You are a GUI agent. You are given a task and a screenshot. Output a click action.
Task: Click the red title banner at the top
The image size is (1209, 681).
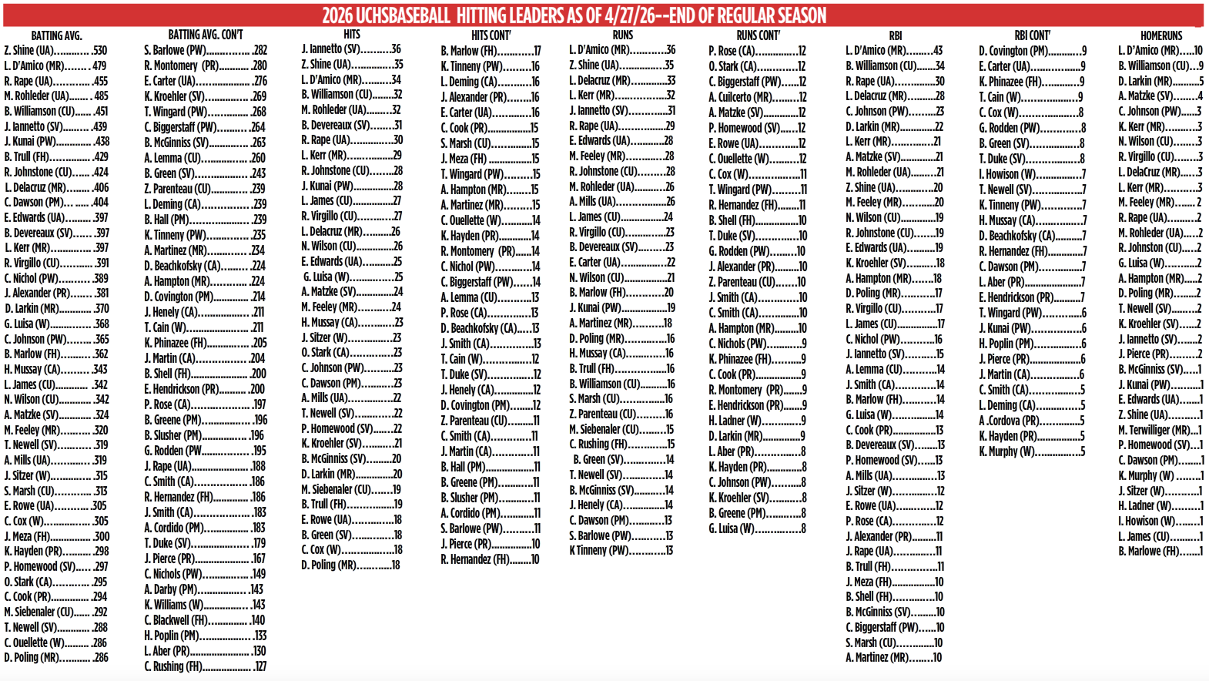coord(574,15)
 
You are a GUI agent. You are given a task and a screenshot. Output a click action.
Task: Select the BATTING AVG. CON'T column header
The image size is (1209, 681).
coord(205,35)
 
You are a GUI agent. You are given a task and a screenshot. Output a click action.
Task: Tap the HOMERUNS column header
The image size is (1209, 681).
coord(1160,35)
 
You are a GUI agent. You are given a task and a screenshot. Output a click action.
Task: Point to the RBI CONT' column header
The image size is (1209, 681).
coord(1032,35)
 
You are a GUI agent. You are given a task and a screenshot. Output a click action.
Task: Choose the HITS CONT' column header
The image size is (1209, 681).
coord(491,35)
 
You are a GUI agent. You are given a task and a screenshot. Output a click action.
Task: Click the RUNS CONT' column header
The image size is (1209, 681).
coord(758,35)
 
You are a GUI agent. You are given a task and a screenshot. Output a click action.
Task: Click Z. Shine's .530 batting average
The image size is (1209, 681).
coord(55,51)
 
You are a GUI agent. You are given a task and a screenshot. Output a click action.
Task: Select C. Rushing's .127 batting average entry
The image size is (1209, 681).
coord(205,666)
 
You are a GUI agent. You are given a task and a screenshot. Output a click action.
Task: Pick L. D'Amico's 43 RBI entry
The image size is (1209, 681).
coord(894,51)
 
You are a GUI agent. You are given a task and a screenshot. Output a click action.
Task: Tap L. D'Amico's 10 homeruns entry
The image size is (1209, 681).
coord(1160,51)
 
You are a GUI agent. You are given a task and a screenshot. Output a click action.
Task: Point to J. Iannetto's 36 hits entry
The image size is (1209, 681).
coord(351,49)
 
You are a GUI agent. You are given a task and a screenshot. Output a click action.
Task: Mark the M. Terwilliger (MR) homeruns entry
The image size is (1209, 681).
coord(1160,430)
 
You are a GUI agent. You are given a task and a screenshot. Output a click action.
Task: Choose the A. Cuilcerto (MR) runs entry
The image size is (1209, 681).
coord(758,97)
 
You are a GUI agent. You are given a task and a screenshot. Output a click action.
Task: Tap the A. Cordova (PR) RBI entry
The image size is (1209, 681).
coord(1032,421)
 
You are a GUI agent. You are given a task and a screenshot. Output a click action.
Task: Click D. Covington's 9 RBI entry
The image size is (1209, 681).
coord(1032,51)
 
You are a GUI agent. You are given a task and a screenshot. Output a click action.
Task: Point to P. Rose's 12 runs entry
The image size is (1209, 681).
coord(758,51)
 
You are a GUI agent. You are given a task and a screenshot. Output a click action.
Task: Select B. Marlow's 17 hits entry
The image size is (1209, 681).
coord(491,51)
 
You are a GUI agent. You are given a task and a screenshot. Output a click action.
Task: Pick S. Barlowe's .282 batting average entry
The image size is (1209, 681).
coord(205,51)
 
